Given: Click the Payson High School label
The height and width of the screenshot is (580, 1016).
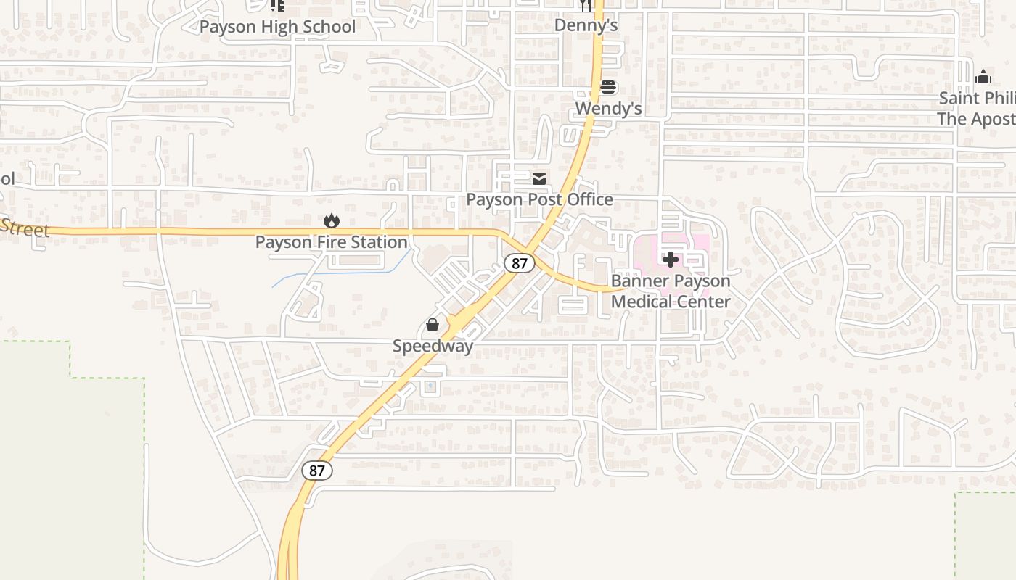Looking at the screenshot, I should coord(277,28).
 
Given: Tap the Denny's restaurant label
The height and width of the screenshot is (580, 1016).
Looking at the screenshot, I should coord(586,25).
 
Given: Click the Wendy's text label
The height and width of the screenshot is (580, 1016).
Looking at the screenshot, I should coord(608,109).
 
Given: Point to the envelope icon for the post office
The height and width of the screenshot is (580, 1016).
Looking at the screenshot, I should coord(539,179).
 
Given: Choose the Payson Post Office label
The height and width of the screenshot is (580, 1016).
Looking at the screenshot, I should coord(539,199).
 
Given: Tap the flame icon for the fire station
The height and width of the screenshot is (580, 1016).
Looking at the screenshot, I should coord(332,220).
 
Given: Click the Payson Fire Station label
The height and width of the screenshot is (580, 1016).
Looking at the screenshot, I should coord(331,242).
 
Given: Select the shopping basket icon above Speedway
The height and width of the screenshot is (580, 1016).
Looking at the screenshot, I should coord(433,325).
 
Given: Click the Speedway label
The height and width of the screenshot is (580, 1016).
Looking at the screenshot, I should coord(433,346).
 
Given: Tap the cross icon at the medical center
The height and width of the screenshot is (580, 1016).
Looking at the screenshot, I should coord(671,260).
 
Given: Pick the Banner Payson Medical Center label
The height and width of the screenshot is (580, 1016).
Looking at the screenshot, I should coord(671,291).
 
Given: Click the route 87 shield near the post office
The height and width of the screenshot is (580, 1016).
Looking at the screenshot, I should coord(519,262).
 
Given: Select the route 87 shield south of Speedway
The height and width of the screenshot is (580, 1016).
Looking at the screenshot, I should coord(317,471).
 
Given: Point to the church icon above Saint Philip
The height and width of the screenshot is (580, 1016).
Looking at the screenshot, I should coord(983,77).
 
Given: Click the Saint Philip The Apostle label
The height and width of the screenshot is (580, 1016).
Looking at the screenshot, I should coord(977,108).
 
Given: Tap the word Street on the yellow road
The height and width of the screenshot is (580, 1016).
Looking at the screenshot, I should coord(25,228).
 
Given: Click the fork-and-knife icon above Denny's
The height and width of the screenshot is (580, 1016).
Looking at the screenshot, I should coord(586,6).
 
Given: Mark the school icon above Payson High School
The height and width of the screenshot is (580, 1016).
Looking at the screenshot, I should coord(276,6).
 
